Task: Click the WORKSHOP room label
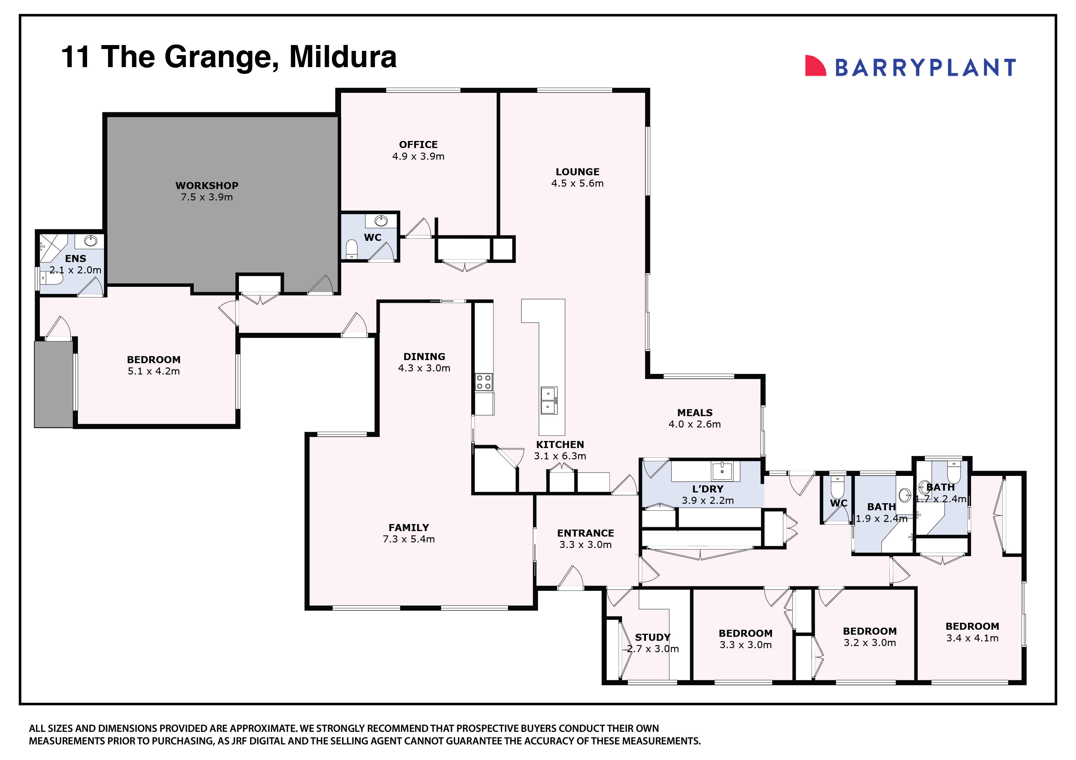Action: (207, 185)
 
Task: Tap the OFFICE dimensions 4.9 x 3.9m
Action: (418, 156)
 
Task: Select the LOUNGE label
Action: (577, 172)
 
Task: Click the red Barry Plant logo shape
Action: (814, 66)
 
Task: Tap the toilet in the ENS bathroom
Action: (52, 279)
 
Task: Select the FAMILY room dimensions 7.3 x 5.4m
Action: (409, 539)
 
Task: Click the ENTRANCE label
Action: (585, 533)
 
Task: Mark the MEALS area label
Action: (694, 412)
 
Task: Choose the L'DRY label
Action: (708, 489)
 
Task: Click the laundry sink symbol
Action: (722, 471)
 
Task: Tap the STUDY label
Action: (652, 637)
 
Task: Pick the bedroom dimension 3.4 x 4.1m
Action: (972, 638)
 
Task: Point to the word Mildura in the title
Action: (343, 57)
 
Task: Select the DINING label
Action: (424, 356)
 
